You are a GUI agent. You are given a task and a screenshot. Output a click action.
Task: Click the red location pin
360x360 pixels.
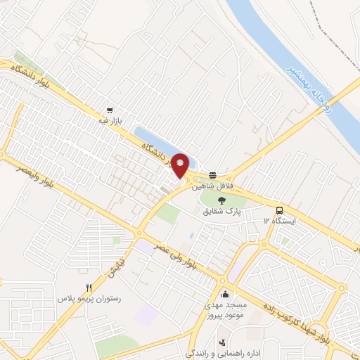click(x=181, y=165)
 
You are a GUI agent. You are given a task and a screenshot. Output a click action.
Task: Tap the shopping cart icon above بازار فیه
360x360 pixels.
click(x=110, y=110)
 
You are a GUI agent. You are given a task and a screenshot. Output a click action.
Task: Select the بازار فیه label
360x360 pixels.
click(x=110, y=121)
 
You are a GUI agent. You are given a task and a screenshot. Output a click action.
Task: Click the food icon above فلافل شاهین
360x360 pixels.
click(x=213, y=175)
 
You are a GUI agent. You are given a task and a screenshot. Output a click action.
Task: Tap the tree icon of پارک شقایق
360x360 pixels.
click(x=222, y=200)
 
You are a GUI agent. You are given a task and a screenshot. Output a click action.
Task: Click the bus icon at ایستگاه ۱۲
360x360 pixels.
click(x=281, y=210)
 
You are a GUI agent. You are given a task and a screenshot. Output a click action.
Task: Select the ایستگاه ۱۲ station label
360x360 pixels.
click(x=281, y=221)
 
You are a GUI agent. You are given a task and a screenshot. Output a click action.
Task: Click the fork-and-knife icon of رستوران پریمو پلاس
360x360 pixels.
click(x=89, y=287)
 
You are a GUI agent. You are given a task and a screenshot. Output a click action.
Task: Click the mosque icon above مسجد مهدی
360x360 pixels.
click(x=225, y=293)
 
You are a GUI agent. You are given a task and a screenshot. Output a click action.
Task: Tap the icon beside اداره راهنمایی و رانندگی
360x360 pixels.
click(x=223, y=342)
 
